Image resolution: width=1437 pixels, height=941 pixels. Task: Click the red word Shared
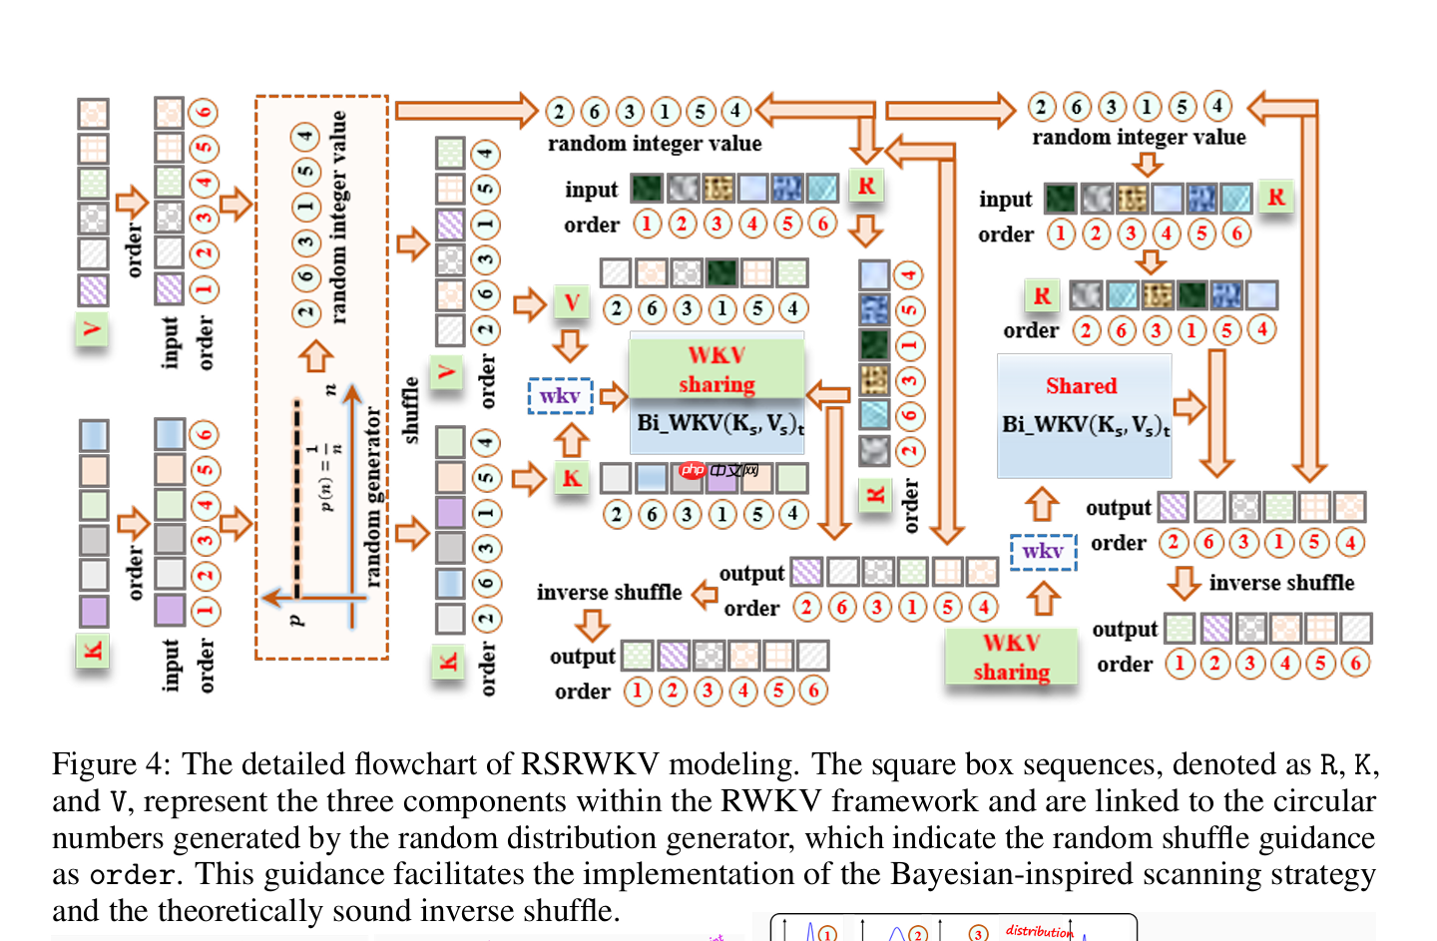1081,386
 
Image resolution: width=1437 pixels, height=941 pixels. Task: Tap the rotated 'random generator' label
373,496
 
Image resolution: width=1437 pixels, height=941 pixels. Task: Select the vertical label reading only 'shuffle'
410,410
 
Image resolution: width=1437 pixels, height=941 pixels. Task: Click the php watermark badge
718,470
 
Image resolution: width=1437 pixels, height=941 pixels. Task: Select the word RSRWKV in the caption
589,764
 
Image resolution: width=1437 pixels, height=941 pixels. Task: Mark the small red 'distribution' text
1038,931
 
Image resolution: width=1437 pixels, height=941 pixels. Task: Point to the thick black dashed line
297,499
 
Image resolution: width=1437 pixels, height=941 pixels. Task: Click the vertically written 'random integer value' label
339,218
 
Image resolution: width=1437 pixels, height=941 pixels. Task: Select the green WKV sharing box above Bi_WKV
717,369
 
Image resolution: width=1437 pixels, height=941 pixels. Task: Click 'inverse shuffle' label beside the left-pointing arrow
609,593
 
